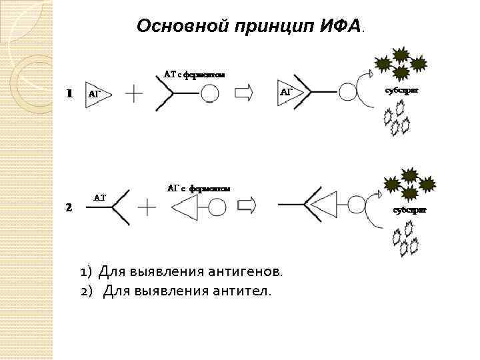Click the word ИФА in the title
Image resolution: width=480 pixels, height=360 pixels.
(339, 26)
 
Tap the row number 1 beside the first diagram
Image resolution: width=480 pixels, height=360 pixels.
(69, 94)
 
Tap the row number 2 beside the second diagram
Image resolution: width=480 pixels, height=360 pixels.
(69, 207)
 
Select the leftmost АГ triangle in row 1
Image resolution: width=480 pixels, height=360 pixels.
(97, 94)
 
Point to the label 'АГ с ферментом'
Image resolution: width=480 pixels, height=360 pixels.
(198, 189)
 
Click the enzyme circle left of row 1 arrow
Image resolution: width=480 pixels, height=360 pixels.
(209, 93)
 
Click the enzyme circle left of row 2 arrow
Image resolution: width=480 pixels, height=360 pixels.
(217, 207)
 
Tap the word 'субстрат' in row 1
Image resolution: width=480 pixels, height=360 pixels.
(402, 90)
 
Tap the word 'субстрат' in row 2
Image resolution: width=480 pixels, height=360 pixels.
(409, 209)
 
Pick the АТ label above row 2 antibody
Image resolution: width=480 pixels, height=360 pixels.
(99, 197)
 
